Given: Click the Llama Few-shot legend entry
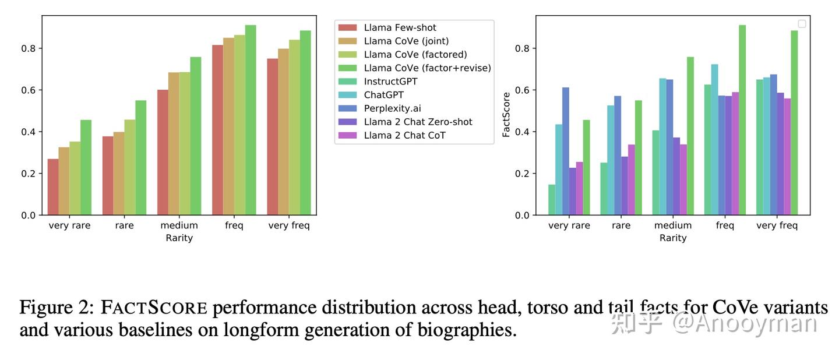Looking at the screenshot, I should coord(400,27).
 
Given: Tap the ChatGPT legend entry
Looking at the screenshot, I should coord(383,95).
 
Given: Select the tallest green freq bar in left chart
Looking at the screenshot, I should coord(251,120).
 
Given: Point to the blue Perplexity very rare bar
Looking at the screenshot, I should coord(565,151).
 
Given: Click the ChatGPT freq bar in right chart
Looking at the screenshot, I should coord(714,140).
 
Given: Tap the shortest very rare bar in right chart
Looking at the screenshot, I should coord(551,200).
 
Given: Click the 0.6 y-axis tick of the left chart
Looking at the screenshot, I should coord(29,90).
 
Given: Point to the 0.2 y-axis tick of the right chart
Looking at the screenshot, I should coord(523,174).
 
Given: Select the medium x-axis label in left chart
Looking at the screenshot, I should coord(179,225).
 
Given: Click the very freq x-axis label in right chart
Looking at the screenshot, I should coord(777,225).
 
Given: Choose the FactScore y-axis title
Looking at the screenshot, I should coord(506,115).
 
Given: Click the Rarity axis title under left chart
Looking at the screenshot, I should coord(179,238).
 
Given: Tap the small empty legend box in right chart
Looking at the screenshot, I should coord(802,24).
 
